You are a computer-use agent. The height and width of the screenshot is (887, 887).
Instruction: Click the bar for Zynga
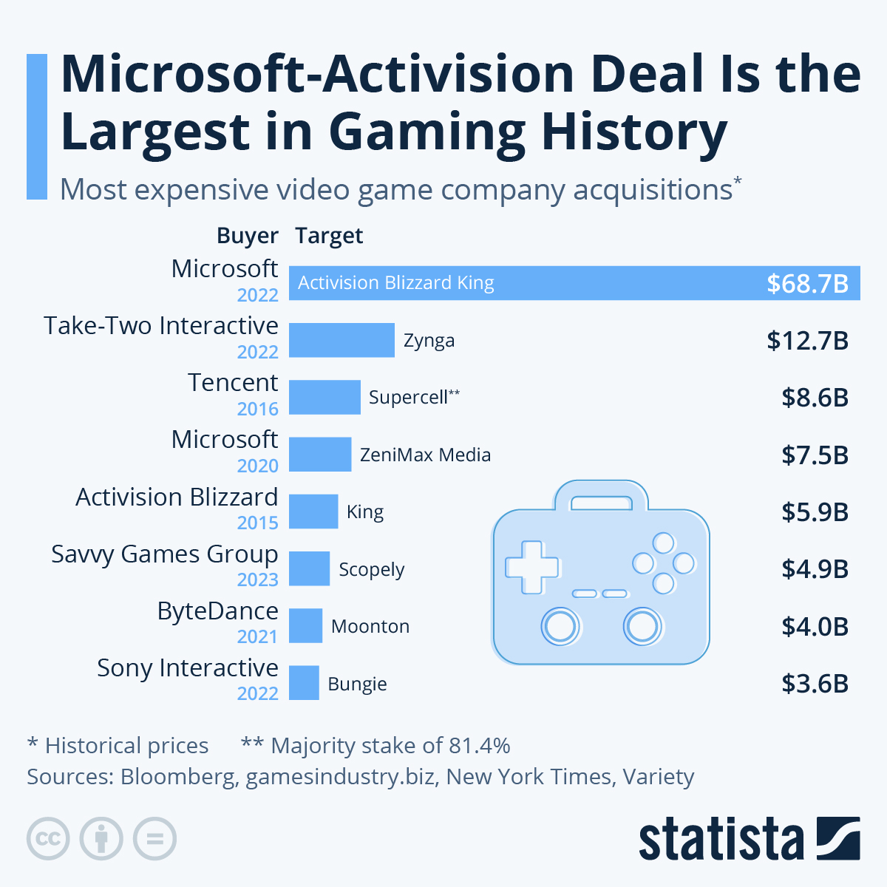click(341, 340)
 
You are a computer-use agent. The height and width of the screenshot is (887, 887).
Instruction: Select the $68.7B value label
click(807, 284)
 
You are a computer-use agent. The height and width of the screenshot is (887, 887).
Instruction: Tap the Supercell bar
click(324, 397)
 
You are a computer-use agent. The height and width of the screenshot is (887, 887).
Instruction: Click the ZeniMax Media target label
click(425, 455)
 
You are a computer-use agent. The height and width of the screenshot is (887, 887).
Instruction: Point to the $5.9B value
click(815, 512)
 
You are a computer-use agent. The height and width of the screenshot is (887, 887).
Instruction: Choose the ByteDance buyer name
click(217, 611)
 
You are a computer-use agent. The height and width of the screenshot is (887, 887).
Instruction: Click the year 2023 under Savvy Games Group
click(257, 580)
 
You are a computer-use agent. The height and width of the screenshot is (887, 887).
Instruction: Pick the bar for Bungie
click(304, 683)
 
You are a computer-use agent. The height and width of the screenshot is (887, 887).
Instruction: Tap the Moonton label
click(370, 626)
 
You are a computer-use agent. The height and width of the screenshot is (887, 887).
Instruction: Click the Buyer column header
click(247, 236)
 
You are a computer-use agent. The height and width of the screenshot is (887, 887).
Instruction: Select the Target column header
click(329, 236)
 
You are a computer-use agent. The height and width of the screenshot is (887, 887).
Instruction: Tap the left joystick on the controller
click(560, 627)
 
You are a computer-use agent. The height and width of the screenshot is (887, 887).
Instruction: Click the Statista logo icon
click(838, 838)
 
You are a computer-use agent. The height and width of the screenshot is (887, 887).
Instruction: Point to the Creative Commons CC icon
click(48, 839)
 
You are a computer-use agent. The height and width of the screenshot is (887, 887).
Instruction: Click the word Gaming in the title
click(426, 132)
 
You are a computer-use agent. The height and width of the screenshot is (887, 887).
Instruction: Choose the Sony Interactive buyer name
click(188, 668)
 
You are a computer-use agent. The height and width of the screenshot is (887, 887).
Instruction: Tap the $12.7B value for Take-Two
click(807, 341)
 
